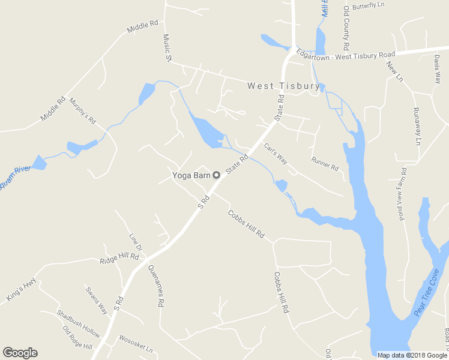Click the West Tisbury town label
point(283,86)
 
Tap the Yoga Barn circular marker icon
point(217,175)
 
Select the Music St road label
point(167,48)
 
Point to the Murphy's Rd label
point(83,111)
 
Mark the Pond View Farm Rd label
point(402,193)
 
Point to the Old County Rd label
point(346,28)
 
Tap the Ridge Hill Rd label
point(119,259)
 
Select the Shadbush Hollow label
point(79,322)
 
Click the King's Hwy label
point(22,290)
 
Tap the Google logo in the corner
point(20,353)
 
